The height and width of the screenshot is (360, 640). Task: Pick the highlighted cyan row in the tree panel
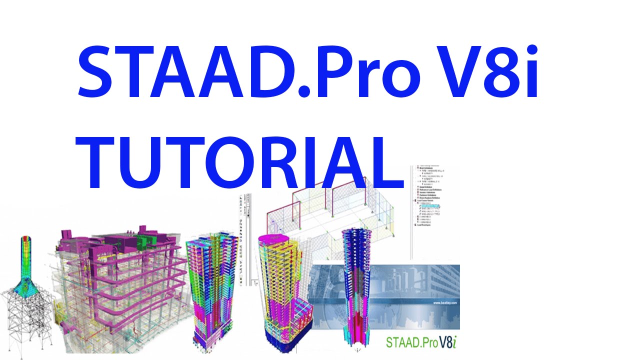(x=429, y=205)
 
